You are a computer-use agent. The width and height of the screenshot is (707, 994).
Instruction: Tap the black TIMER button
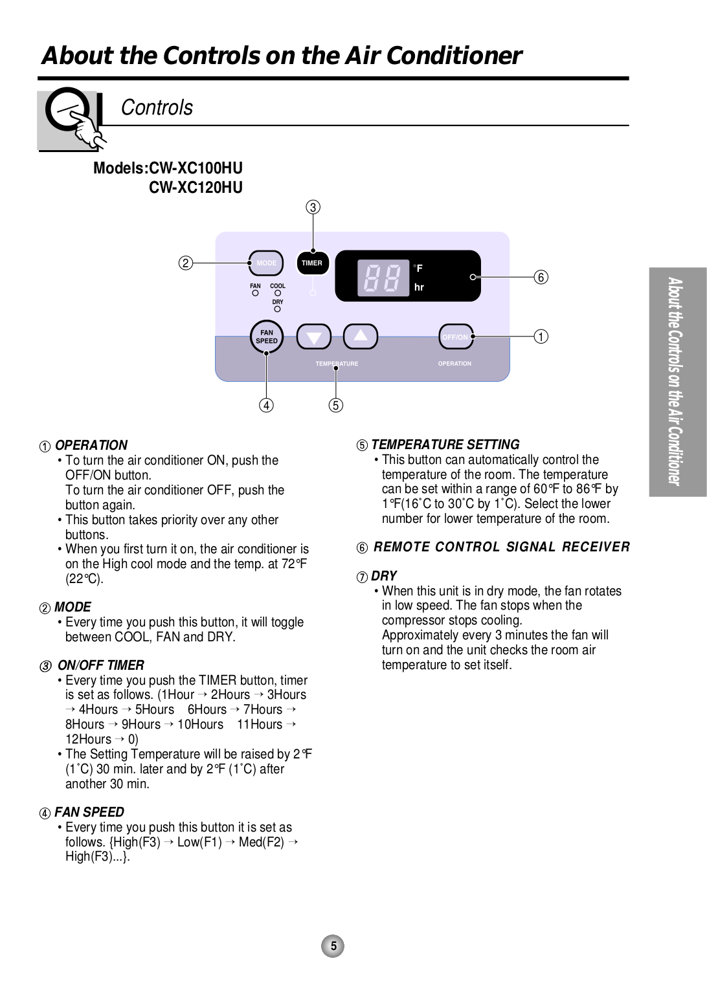tap(312, 263)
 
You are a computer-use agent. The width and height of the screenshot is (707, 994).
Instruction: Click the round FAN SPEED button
tap(267, 337)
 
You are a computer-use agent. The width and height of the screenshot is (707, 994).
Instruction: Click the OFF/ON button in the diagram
tap(455, 337)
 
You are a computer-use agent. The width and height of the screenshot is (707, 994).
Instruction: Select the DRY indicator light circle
tap(277, 309)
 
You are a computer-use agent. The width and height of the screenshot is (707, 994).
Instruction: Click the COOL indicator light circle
tap(278, 293)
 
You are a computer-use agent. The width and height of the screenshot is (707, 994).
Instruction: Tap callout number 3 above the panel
tap(313, 207)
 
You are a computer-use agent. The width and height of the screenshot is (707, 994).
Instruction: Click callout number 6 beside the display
tap(541, 277)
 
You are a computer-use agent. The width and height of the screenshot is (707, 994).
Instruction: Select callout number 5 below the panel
tap(335, 406)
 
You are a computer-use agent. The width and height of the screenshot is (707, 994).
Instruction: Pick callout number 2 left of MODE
tap(186, 263)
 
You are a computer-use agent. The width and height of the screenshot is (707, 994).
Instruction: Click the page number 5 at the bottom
tap(333, 946)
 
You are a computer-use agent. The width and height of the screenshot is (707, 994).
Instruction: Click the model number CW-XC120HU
tap(196, 188)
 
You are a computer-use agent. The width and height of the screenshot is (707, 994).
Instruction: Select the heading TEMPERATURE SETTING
tap(445, 445)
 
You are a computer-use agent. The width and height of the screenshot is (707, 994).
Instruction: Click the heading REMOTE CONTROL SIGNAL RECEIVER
tap(502, 547)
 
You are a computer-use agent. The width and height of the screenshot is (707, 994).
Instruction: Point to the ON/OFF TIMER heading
tap(101, 665)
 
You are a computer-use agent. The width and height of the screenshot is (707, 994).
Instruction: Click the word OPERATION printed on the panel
tap(454, 364)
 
